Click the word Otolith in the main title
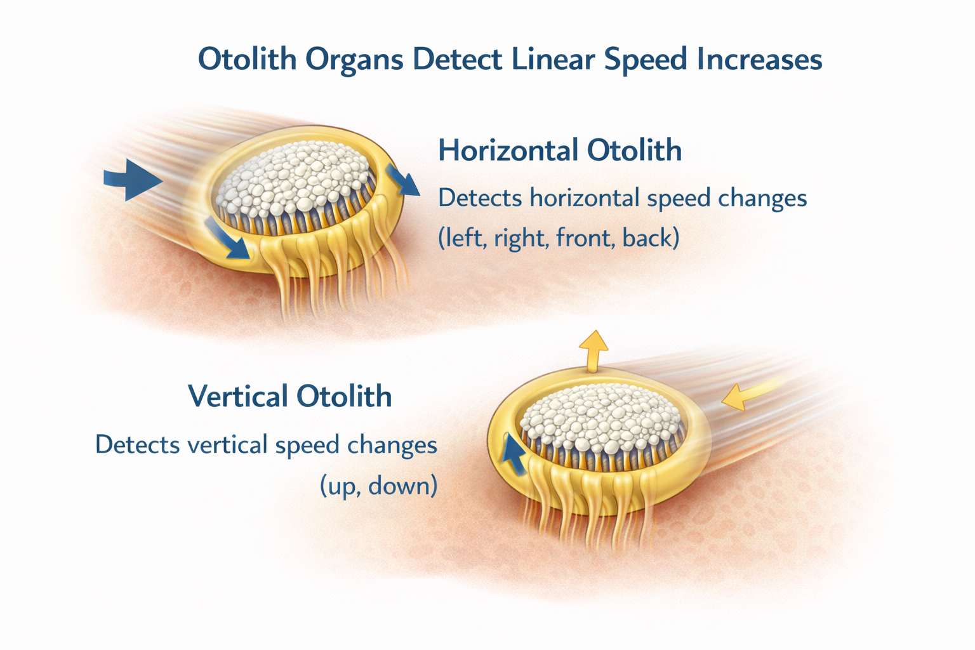click(x=247, y=59)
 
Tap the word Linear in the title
click(x=553, y=59)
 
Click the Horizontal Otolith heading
click(x=560, y=150)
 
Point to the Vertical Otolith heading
click(x=290, y=396)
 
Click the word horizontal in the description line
click(x=585, y=198)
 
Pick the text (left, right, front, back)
click(x=559, y=238)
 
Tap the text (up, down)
click(x=379, y=486)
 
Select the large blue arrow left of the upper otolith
click(x=133, y=180)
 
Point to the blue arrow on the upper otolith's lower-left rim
click(x=228, y=239)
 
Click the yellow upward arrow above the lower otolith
click(x=593, y=351)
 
